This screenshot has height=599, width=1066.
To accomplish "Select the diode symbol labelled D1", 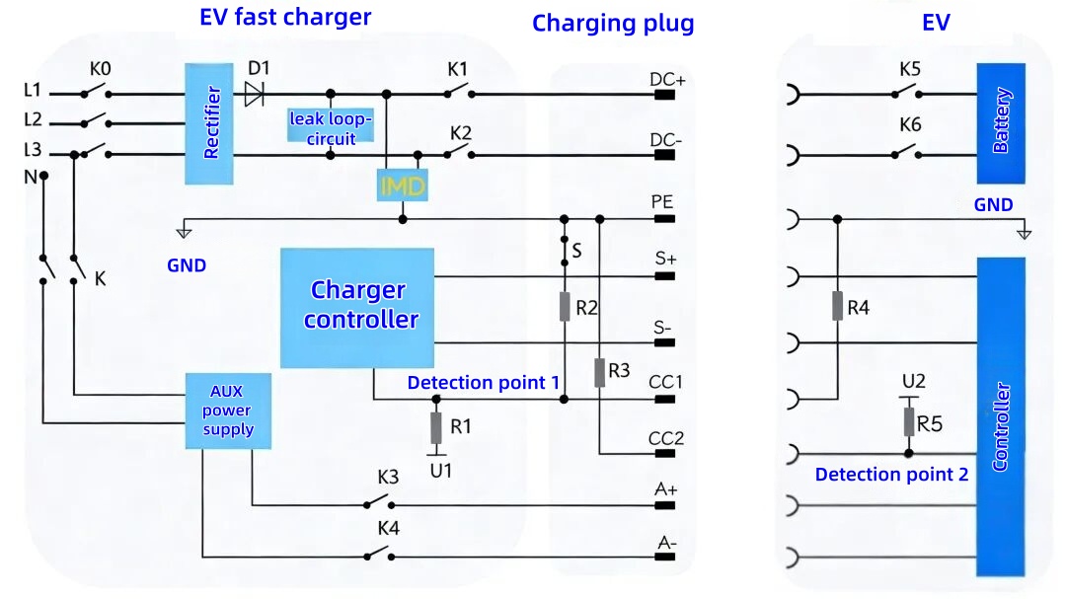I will tap(254, 94).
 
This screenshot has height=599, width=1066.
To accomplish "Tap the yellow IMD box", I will tap(402, 186).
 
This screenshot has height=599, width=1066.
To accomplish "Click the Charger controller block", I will tap(357, 307).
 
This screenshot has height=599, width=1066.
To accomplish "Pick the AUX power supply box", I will tap(227, 411).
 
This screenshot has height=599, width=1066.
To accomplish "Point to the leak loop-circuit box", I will tap(331, 126).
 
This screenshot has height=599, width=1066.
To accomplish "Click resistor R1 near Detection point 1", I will tap(436, 428).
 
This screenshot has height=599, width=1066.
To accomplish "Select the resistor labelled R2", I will tap(565, 307).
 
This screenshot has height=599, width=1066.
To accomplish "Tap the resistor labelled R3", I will tap(600, 372).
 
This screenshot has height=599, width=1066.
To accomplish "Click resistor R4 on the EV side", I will tap(838, 307).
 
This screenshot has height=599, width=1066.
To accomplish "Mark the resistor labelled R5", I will tap(909, 422).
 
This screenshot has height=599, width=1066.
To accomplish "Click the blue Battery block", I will tap(1001, 122).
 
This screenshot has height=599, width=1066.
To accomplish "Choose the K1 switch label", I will tap(457, 70).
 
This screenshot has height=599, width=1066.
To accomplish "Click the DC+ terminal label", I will tap(668, 79).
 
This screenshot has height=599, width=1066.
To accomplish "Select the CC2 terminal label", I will tap(666, 438).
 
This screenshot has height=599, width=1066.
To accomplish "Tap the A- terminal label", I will tap(668, 542).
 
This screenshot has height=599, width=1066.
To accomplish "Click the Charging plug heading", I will tap(613, 24).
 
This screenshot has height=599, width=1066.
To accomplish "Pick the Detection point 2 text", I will tap(891, 475).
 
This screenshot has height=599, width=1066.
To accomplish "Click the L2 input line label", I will tap(33, 120).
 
